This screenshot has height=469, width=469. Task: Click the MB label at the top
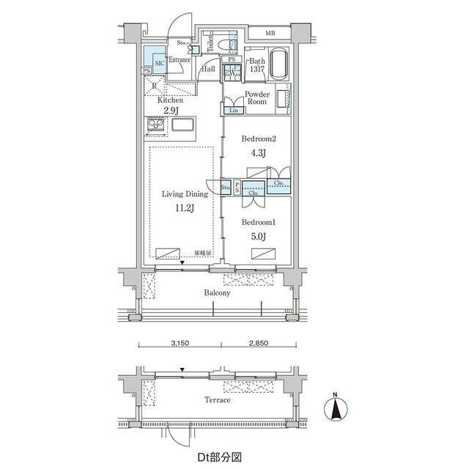coord(270,33)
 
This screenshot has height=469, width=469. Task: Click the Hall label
coord(208,68)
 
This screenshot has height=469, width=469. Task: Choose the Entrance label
coord(180,60)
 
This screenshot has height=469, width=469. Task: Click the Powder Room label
coord(257,100)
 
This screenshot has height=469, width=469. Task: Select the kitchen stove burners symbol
coord(156,127)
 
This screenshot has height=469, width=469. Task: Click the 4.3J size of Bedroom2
coord(257,153)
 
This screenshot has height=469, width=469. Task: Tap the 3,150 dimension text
coord(180,342)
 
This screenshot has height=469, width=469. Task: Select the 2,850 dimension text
coord(258,342)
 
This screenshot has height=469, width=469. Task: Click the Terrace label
coord(217,400)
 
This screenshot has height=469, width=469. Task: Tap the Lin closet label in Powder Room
coord(234,111)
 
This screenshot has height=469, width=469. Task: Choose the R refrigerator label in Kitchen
coord(154,86)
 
